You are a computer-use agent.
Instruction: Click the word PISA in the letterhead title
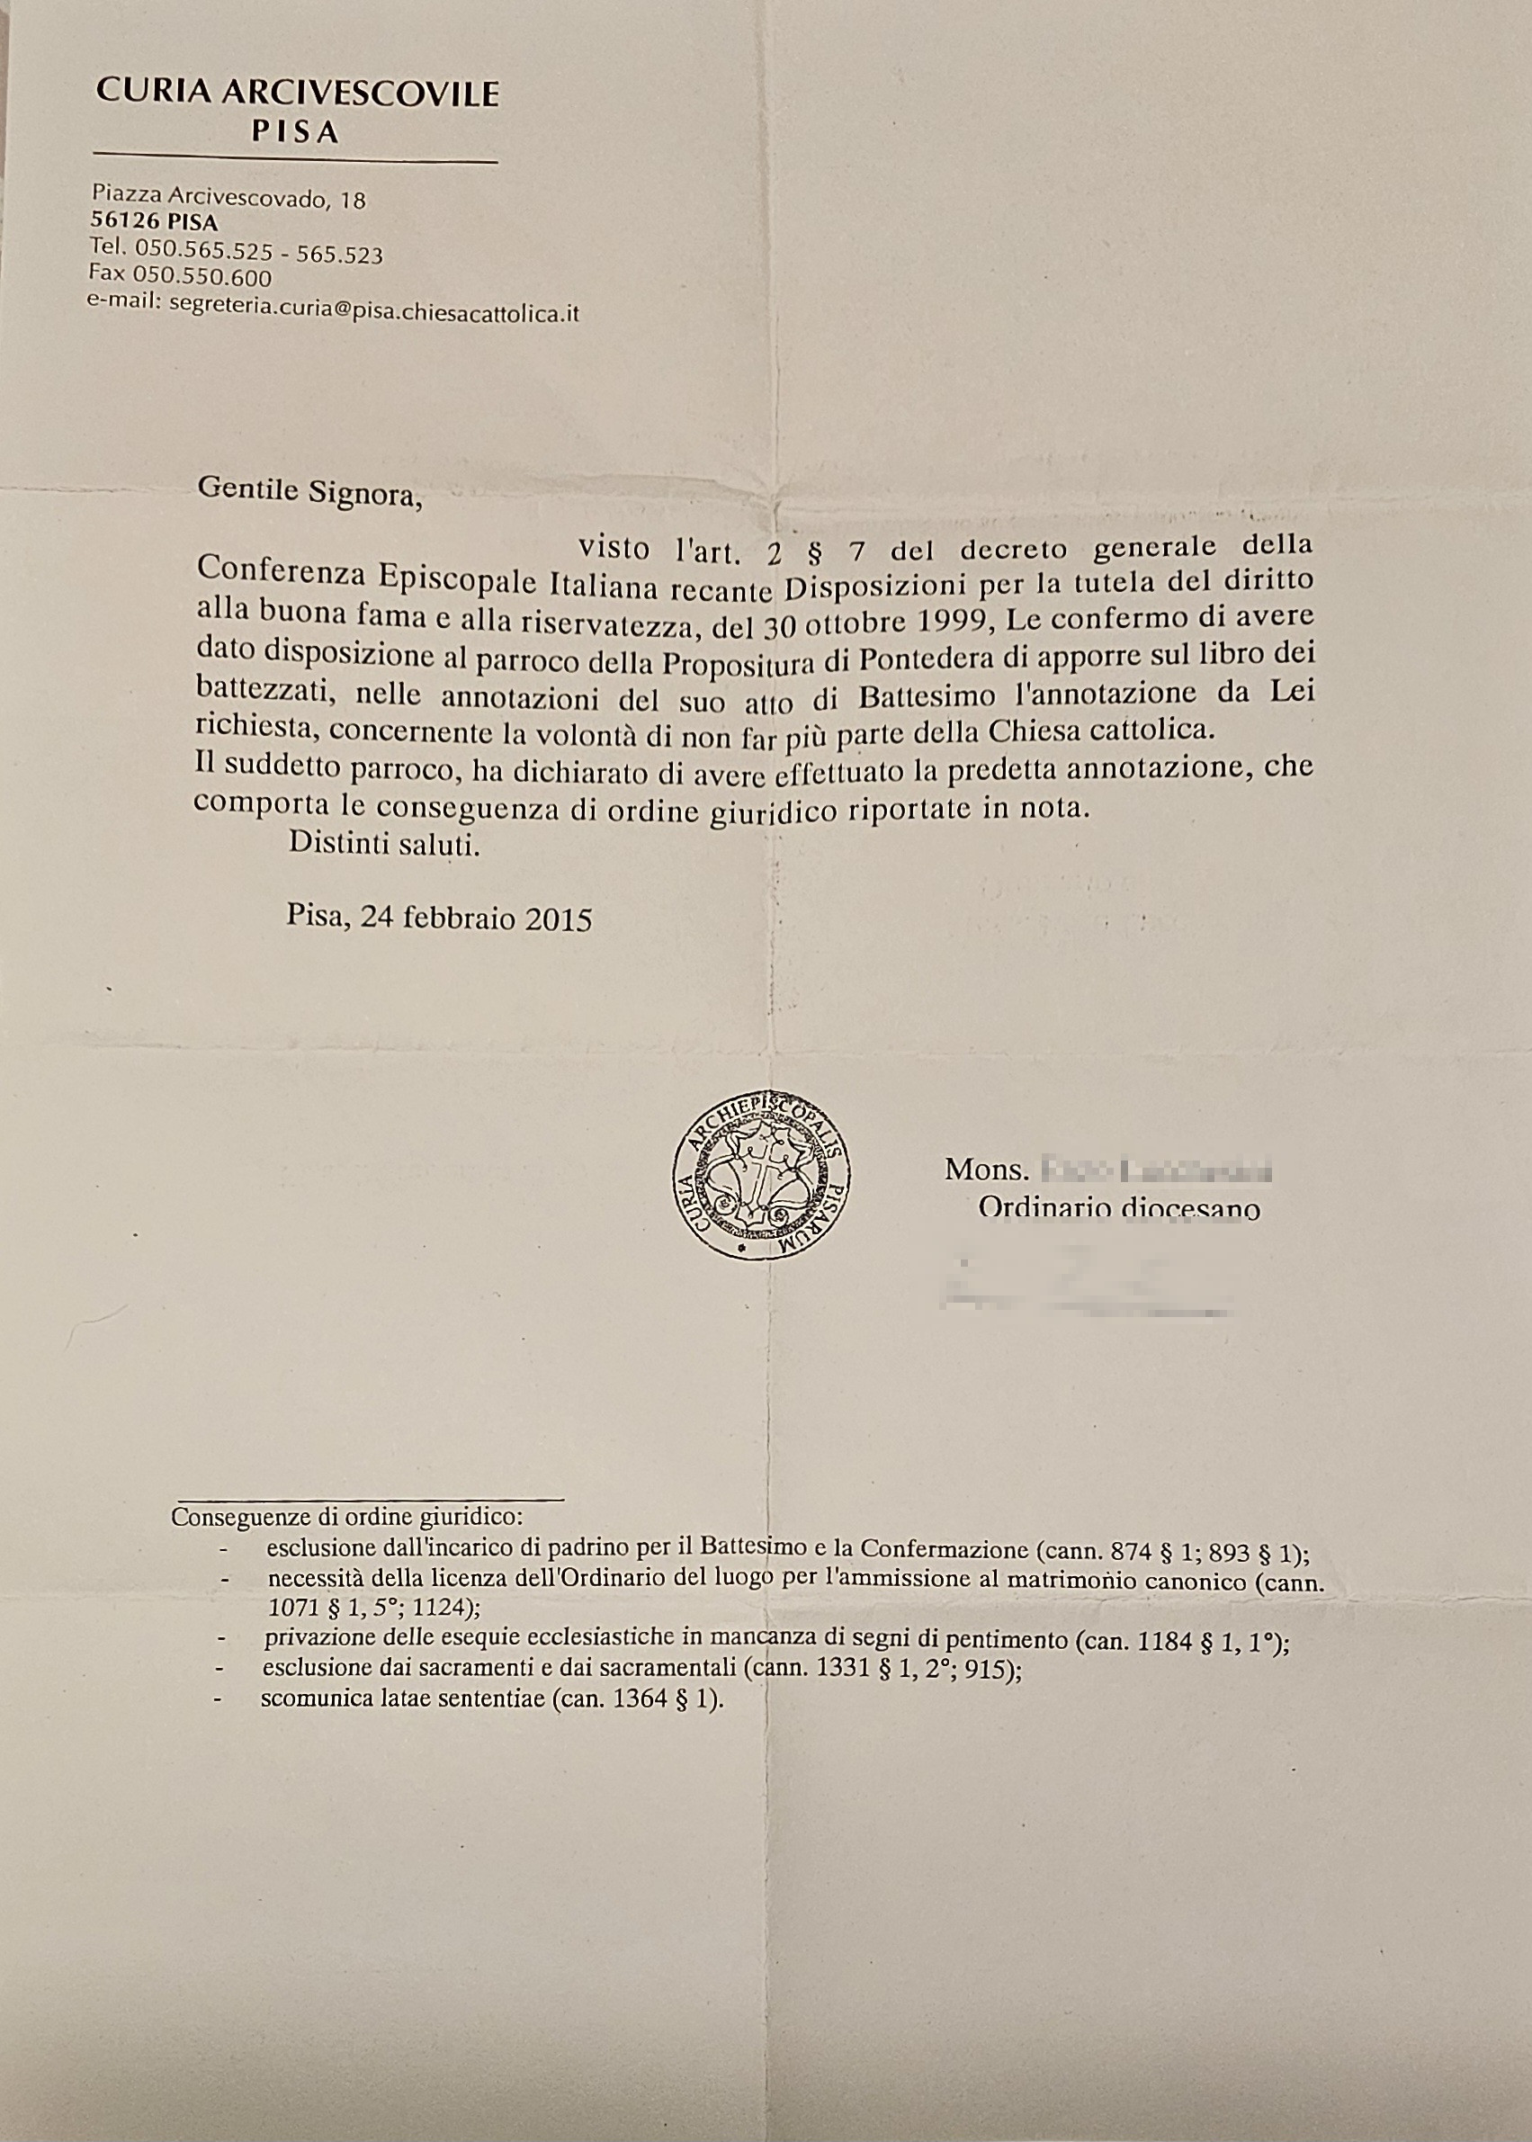pyautogui.click(x=295, y=133)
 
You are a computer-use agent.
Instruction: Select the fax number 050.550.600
pyautogui.click(x=202, y=276)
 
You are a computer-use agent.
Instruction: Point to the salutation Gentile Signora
pyautogui.click(x=309, y=492)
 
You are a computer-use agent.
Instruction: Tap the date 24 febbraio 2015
pyautogui.click(x=476, y=918)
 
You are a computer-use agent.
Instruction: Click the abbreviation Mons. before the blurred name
pyautogui.click(x=985, y=1170)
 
